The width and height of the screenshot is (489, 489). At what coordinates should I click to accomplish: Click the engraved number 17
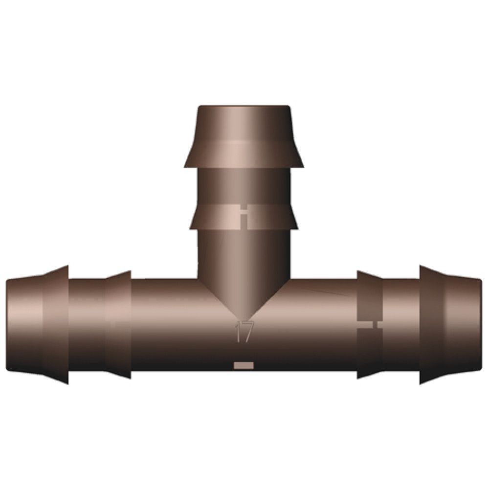pos(244,331)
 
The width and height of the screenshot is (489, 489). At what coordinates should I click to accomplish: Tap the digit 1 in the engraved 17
pos(237,331)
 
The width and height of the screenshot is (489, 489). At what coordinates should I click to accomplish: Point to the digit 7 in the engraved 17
pos(248,331)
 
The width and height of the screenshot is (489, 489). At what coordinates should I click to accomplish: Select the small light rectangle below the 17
pos(244,365)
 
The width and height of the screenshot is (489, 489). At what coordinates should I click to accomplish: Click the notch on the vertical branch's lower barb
pos(244,217)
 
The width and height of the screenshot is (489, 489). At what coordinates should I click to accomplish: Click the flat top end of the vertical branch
pos(244,106)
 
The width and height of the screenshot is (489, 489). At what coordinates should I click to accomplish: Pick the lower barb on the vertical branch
pos(244,218)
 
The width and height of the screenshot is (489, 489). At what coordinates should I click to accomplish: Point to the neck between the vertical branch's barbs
pos(244,186)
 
